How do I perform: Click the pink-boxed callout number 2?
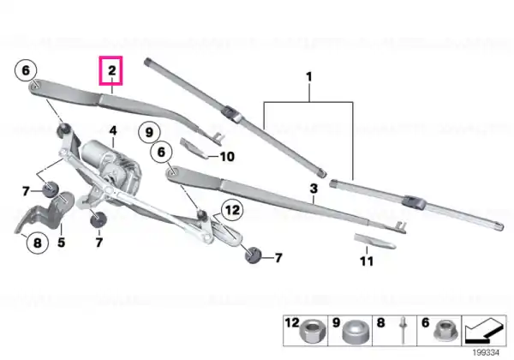click(111, 70)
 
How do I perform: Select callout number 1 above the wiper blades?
click(308, 77)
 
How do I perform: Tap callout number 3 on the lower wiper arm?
click(314, 189)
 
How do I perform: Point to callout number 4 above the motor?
click(113, 131)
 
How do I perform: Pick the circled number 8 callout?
click(38, 243)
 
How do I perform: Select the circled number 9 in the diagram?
click(149, 133)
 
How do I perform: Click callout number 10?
click(227, 157)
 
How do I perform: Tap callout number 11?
click(367, 261)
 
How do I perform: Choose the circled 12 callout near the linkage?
click(232, 209)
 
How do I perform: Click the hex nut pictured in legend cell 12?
click(312, 332)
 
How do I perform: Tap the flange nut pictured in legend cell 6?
click(445, 331)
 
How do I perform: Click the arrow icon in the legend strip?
click(484, 331)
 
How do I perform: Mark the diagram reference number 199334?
click(486, 353)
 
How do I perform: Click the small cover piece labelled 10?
click(194, 148)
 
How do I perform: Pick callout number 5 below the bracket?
click(62, 243)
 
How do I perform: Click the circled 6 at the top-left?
click(26, 70)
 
